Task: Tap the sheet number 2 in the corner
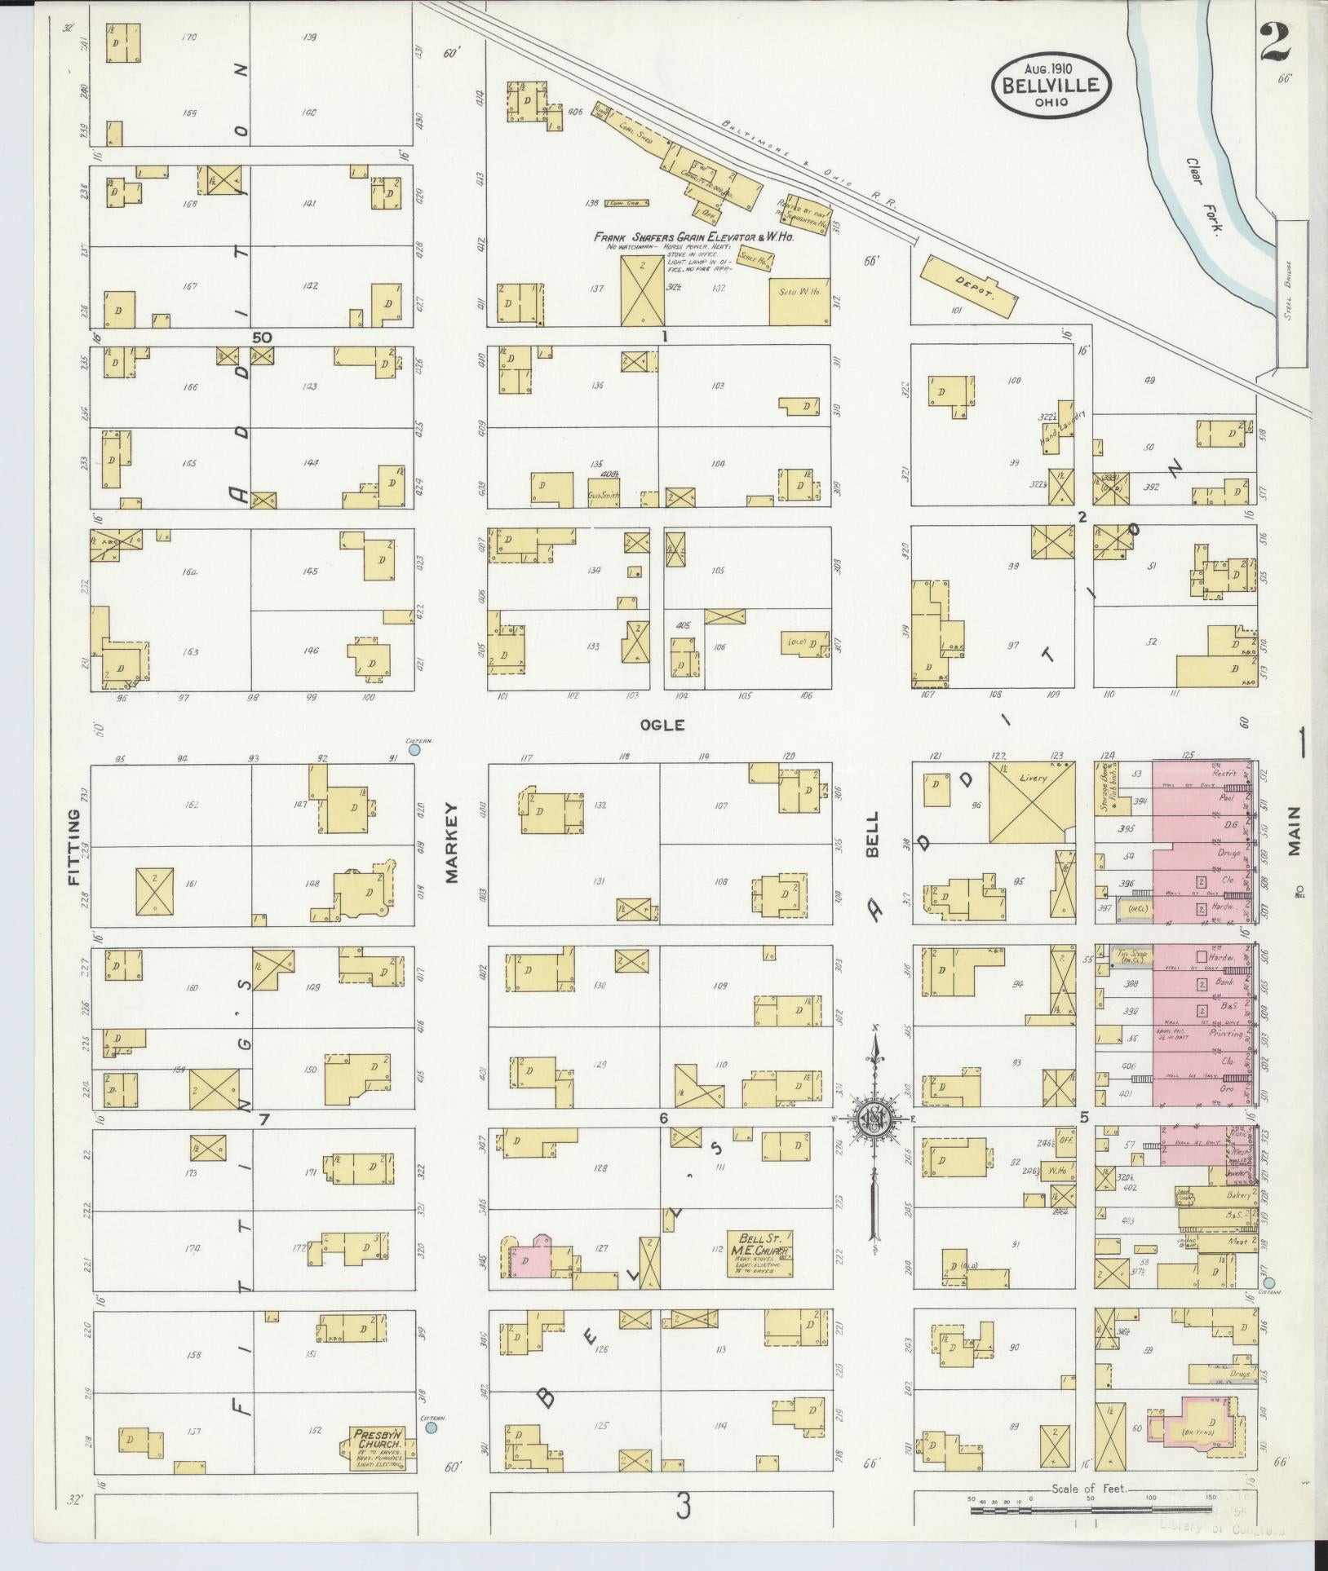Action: pyautogui.click(x=1274, y=42)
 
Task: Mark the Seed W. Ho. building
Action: pyautogui.click(x=799, y=302)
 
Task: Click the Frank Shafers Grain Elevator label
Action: pyautogui.click(x=693, y=238)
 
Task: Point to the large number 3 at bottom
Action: pyautogui.click(x=683, y=1507)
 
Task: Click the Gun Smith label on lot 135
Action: pyautogui.click(x=604, y=495)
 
